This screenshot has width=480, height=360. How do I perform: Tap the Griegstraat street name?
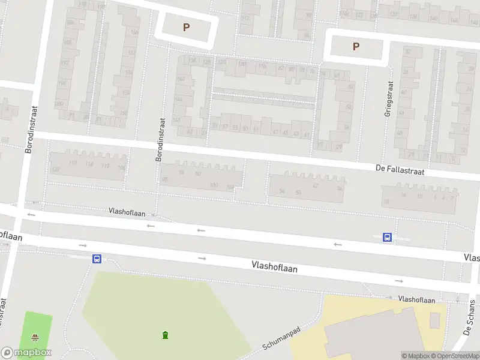pyautogui.click(x=389, y=98)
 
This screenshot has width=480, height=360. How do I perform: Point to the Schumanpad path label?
pyautogui.click(x=280, y=340)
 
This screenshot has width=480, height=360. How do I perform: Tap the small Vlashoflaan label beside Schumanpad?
pyautogui.click(x=416, y=299)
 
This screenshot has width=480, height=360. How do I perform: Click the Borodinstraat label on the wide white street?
pyautogui.click(x=31, y=129)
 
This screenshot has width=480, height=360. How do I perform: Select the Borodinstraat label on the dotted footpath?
pyautogui.click(x=160, y=139)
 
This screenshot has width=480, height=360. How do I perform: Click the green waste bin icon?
pyautogui.click(x=165, y=334)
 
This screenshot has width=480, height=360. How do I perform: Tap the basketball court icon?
pyautogui.click(x=35, y=337)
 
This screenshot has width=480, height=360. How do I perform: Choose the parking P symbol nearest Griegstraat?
pyautogui.click(x=356, y=46)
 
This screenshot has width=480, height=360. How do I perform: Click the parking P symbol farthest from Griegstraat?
pyautogui.click(x=186, y=27)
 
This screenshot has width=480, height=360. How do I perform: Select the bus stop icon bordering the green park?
pyautogui.click(x=96, y=259)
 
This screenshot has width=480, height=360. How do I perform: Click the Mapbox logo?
pyautogui.click(x=26, y=353)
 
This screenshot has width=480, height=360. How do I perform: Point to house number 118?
pyautogui.click(x=73, y=163)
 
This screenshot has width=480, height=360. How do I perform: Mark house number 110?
pyautogui.click(x=106, y=166)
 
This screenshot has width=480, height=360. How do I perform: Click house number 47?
pyautogui.click(x=275, y=132)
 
